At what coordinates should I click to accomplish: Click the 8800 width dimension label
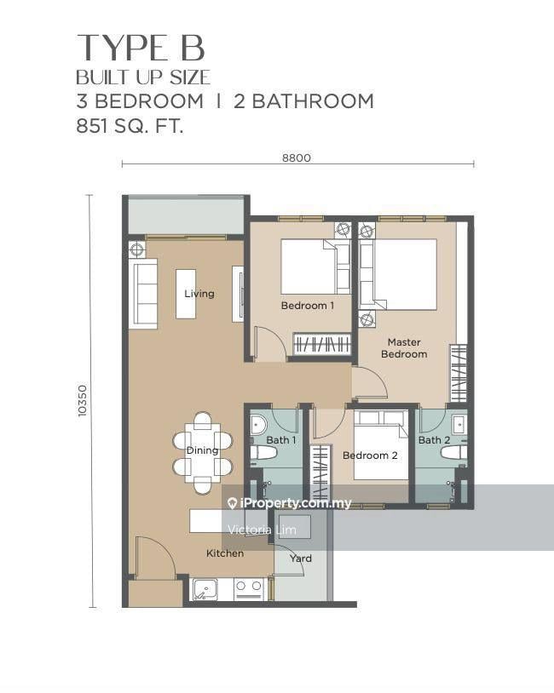[297, 157]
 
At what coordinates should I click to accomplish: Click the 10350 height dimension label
[83, 401]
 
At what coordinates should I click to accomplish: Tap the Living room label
[199, 294]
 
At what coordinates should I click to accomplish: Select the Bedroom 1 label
[308, 306]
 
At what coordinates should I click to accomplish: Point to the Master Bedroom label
[404, 348]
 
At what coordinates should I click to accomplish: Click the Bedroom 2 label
[370, 455]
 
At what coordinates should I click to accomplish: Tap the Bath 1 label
[281, 440]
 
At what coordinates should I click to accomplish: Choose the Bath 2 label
[434, 440]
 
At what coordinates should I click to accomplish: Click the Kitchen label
[225, 553]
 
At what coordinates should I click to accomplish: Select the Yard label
[301, 558]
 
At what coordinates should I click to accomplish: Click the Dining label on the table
[202, 450]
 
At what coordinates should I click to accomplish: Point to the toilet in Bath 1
[263, 453]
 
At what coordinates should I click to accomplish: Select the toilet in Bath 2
[453, 453]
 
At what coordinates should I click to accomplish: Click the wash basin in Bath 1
[258, 425]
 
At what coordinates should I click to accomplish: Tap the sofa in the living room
[143, 294]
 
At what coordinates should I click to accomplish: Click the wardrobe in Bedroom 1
[322, 343]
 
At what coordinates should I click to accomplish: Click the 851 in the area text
[91, 126]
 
